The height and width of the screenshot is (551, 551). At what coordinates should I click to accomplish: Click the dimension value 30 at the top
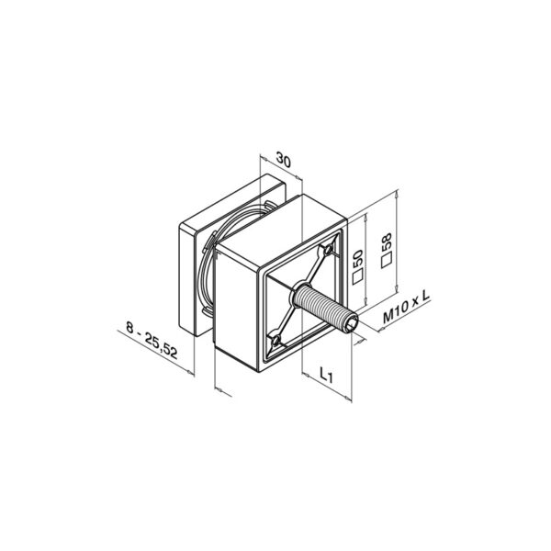(x=285, y=161)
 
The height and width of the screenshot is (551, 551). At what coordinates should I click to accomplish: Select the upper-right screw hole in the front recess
(x=328, y=250)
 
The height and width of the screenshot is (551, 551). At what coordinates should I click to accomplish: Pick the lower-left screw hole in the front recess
(x=275, y=341)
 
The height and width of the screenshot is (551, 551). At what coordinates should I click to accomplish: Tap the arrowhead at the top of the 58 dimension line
(x=397, y=193)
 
